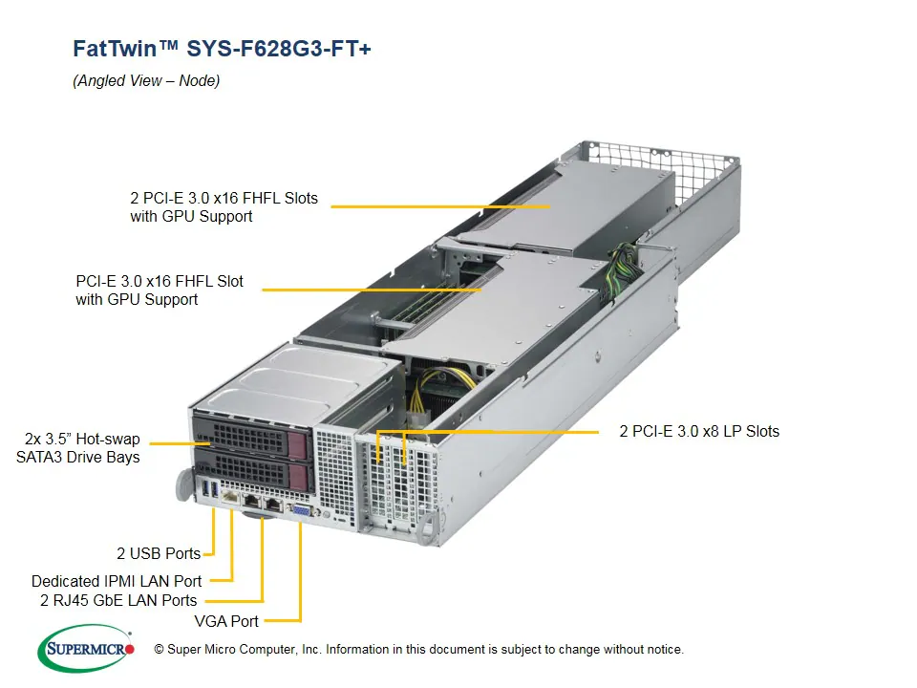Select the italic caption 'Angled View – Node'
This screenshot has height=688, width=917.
pyautogui.click(x=146, y=81)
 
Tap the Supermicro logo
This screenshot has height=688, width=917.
pyautogui.click(x=86, y=649)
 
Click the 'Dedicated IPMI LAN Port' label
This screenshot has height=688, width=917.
pyautogui.click(x=117, y=581)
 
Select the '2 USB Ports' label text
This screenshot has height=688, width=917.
pyautogui.click(x=159, y=553)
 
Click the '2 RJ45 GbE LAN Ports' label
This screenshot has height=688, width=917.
pyautogui.click(x=118, y=601)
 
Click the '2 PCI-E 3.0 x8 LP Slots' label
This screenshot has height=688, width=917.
pyautogui.click(x=699, y=432)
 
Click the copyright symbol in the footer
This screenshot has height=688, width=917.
pyautogui.click(x=160, y=650)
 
